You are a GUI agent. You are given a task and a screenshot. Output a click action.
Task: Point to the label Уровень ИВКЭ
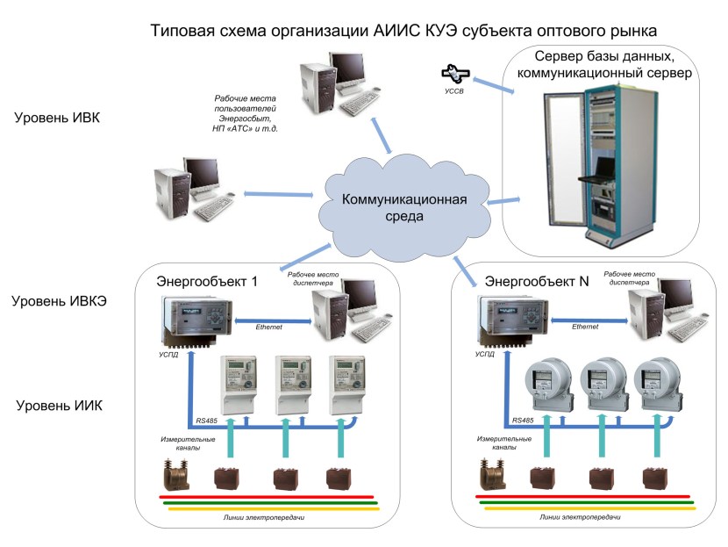pos(60,302)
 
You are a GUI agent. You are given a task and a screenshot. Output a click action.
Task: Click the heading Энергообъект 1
pos(207,282)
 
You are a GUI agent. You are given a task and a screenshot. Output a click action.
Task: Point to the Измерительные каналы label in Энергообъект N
pos(503,443)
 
